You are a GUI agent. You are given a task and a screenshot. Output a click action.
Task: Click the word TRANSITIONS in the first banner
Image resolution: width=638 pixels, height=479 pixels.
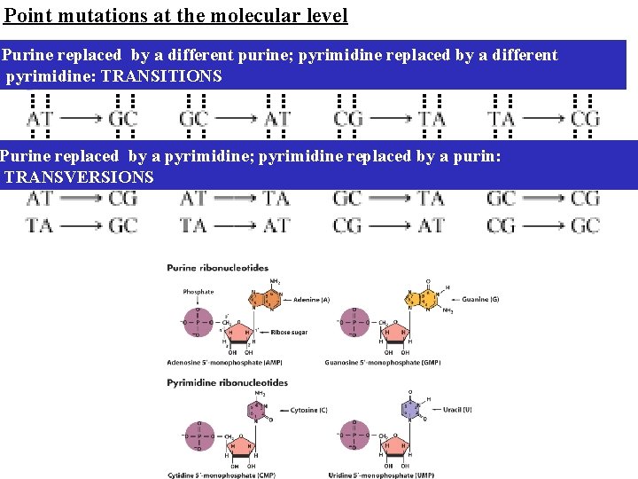[161, 76]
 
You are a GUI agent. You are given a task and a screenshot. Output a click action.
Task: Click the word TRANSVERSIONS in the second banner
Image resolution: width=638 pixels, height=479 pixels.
[79, 177]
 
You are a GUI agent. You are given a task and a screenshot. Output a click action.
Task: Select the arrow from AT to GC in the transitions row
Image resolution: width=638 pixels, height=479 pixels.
[82, 117]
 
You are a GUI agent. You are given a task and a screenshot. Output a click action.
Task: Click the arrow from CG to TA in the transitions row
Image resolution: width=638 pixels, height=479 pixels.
[389, 117]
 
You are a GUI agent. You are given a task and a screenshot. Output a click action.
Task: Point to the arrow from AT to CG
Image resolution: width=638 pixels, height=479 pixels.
[82, 198]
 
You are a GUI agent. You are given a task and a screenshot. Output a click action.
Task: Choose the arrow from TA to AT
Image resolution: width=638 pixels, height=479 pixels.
[236, 225]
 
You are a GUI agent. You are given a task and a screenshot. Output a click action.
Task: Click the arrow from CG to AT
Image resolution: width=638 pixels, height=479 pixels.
[389, 225]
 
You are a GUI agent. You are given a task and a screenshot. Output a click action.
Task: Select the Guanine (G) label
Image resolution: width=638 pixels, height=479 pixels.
[479, 300]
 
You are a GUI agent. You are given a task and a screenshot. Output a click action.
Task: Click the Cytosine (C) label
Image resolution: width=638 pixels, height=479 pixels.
[309, 410]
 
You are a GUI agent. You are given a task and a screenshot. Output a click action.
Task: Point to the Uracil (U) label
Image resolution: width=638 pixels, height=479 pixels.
[457, 409]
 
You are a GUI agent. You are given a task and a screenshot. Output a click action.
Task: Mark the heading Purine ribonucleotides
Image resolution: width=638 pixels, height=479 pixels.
[217, 268]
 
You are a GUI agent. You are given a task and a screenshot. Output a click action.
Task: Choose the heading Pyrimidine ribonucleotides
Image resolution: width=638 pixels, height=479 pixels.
[227, 383]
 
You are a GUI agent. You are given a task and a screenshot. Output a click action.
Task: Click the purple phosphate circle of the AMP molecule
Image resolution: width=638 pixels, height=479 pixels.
[198, 319]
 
